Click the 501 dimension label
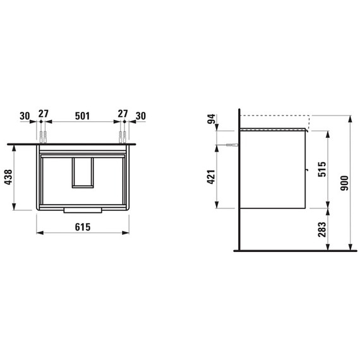83,116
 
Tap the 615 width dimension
83,227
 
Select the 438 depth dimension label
8,177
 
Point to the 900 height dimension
344,183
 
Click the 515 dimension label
322,169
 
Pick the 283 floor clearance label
322,229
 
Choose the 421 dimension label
211,177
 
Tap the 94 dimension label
211,119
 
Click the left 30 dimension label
25,116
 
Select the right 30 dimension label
140,116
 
